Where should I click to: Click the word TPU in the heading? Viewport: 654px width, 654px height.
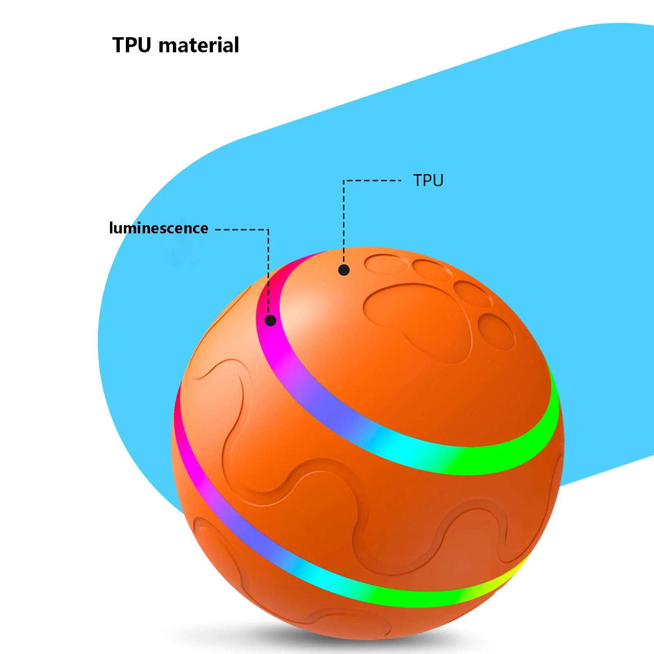[132, 45]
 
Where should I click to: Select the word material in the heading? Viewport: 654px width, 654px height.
[199, 45]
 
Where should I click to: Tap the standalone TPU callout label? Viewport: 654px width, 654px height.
[428, 181]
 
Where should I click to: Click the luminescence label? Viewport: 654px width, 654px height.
[159, 228]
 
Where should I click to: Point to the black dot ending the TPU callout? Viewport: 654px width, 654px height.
[344, 270]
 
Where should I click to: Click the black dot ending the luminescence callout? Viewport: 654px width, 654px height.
[270, 320]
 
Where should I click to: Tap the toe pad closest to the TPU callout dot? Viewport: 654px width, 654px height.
[386, 264]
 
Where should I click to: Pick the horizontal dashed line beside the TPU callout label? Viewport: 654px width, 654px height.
[372, 180]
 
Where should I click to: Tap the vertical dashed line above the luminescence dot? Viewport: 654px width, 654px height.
[268, 272]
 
